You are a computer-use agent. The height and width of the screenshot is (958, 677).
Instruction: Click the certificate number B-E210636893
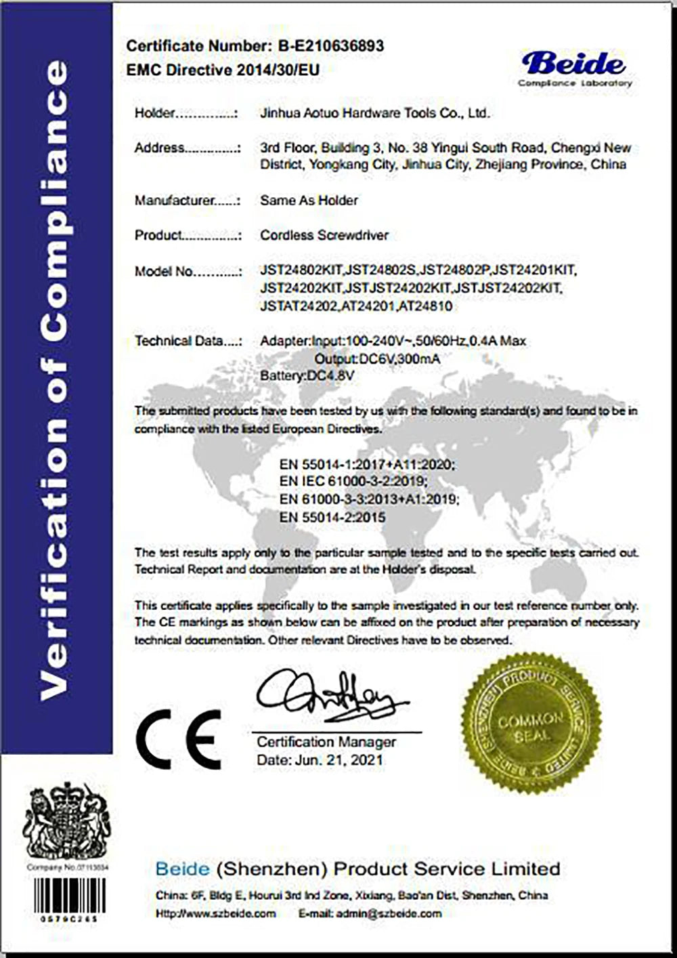point(331,46)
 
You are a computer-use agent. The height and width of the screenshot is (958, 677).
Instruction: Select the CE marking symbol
point(179,739)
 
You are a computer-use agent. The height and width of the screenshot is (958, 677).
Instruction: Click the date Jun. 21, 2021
point(320,760)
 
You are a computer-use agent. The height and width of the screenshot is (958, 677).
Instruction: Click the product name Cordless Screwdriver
point(324,235)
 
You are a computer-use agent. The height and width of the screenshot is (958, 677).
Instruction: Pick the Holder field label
point(155,113)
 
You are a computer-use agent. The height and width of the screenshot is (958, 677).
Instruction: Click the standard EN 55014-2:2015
point(332,517)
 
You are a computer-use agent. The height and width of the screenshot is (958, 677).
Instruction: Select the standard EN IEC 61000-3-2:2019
point(353,482)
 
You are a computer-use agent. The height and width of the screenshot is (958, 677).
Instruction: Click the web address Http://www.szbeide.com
point(215,913)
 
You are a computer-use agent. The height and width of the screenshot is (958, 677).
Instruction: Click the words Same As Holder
point(309,201)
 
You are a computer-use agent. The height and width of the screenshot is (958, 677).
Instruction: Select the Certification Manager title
point(326,742)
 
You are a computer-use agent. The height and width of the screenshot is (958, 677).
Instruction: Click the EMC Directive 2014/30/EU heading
point(223,69)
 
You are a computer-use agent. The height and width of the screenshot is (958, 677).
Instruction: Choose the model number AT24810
point(426,306)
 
